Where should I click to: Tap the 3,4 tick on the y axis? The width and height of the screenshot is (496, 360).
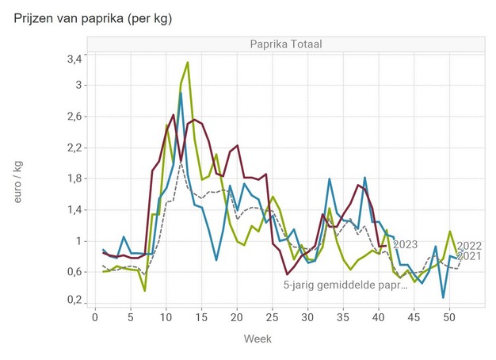[73, 59]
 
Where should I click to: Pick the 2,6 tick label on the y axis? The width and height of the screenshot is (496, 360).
[73, 116]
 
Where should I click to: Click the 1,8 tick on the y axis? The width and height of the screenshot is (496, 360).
[73, 178]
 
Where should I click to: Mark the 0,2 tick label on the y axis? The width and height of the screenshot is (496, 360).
[73, 300]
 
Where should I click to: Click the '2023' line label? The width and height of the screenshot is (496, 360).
[405, 244]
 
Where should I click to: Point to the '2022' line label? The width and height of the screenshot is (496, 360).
[471, 245]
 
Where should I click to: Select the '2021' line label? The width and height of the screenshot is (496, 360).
[471, 256]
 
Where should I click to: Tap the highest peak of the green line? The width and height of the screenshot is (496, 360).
[188, 62]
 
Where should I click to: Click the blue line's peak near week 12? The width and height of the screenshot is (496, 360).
[181, 93]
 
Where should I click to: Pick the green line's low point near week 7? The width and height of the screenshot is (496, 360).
[144, 290]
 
